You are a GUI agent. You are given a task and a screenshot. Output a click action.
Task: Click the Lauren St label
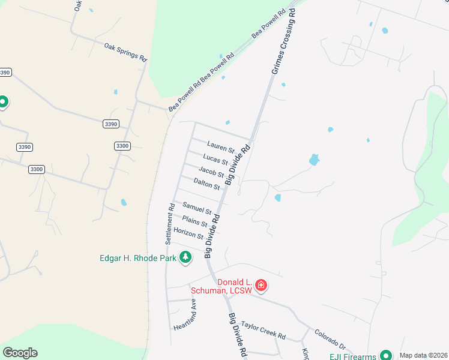220,146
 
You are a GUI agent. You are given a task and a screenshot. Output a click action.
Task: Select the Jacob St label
211,172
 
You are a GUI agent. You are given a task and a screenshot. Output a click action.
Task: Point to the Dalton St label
207,184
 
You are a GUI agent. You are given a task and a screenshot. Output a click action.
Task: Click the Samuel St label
197,208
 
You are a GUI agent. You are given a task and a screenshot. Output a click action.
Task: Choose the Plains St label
194,221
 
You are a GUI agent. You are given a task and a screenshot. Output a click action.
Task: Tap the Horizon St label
188,233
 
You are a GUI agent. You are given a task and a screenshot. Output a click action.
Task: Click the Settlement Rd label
170,224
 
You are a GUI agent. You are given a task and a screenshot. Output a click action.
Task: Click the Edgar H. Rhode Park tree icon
186,257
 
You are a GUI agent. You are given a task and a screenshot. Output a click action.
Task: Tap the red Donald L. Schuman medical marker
261,284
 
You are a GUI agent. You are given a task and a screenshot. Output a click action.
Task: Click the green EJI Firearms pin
386,355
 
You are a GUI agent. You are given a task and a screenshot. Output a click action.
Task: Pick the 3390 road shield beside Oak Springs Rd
110,124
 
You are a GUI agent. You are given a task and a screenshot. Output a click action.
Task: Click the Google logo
20,353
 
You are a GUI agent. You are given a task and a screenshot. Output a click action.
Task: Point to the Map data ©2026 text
423,355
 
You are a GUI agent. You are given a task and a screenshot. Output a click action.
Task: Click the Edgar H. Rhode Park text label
137,258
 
